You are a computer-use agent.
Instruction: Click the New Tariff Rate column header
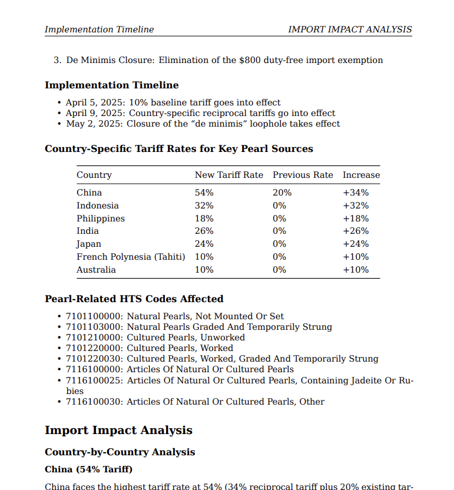pyautogui.click(x=228, y=175)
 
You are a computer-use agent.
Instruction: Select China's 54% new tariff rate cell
pyautogui.click(x=204, y=193)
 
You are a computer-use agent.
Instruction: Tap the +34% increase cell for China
pyautogui.click(x=356, y=193)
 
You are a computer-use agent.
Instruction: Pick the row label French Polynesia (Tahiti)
pyautogui.click(x=131, y=257)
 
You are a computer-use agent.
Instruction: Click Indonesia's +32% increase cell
pyautogui.click(x=356, y=206)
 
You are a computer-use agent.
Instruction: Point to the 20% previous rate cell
pyautogui.click(x=281, y=193)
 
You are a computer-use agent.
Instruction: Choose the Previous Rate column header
pyautogui.click(x=303, y=175)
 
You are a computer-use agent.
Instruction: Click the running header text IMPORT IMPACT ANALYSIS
pyautogui.click(x=350, y=29)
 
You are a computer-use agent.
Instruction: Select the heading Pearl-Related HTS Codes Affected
pyautogui.click(x=134, y=299)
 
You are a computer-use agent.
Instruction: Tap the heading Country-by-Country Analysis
pyautogui.click(x=120, y=452)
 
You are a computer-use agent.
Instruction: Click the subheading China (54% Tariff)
pyautogui.click(x=88, y=469)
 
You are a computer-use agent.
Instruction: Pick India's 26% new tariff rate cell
pyautogui.click(x=204, y=231)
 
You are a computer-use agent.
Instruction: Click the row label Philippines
pyautogui.click(x=100, y=218)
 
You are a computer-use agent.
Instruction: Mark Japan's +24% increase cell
pyautogui.click(x=356, y=244)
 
